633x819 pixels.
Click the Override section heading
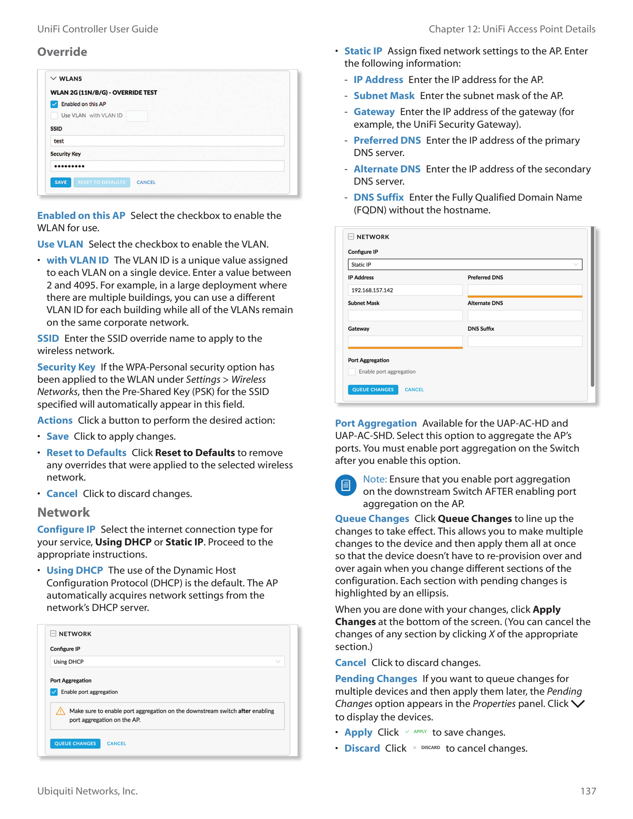click(x=62, y=52)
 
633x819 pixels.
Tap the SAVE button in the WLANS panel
click(x=61, y=182)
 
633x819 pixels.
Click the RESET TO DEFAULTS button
click(x=102, y=182)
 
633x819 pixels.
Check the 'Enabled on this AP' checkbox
click(x=54, y=104)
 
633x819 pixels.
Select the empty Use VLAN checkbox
click(x=54, y=115)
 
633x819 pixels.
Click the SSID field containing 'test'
click(x=167, y=141)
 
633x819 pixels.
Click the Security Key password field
click(x=167, y=166)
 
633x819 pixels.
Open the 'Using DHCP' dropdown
click(x=167, y=662)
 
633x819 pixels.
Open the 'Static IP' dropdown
click(x=465, y=264)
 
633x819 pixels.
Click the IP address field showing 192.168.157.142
click(x=405, y=290)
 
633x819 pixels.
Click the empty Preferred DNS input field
click(x=525, y=290)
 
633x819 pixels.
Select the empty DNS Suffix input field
click(x=525, y=341)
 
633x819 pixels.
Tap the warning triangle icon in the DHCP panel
click(x=60, y=711)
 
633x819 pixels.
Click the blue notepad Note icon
click(x=346, y=485)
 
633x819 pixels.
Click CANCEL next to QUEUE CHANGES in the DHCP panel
click(x=116, y=744)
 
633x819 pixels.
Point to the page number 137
click(x=588, y=791)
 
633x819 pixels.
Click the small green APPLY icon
click(x=416, y=732)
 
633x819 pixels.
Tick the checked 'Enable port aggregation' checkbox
click(x=54, y=692)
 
